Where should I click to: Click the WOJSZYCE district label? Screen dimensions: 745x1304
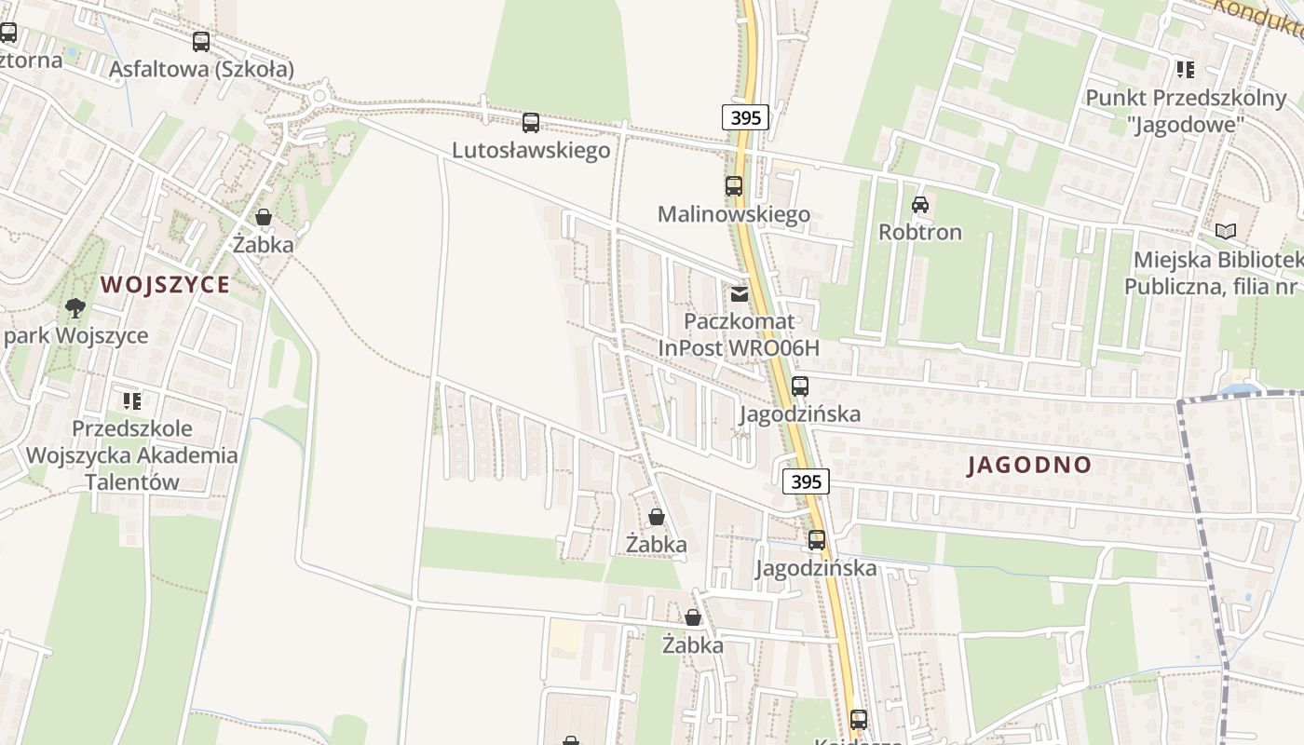(165, 284)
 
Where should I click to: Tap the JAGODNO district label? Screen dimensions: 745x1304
(1028, 465)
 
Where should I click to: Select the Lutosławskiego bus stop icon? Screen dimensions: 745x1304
(531, 122)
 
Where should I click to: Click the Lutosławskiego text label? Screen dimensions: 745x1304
(531, 150)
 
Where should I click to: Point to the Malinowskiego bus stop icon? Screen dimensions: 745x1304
(734, 186)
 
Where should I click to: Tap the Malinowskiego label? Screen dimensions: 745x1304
(734, 214)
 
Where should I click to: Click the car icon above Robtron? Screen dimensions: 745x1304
(920, 204)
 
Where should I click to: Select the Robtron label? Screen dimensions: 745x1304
(920, 232)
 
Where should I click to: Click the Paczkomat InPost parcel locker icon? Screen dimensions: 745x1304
(740, 294)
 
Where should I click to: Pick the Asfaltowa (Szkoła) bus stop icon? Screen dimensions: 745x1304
(201, 42)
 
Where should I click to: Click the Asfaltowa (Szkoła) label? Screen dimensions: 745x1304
(201, 69)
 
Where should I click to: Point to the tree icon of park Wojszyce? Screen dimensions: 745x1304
(75, 307)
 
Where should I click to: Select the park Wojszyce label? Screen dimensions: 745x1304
(75, 335)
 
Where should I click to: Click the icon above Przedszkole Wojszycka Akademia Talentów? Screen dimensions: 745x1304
(132, 401)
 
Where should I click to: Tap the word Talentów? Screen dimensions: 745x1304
(132, 481)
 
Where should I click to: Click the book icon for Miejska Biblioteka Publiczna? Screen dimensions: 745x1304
(1226, 231)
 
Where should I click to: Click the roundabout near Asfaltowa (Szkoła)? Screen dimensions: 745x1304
(319, 95)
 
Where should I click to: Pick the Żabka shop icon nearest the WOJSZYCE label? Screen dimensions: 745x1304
(264, 217)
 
